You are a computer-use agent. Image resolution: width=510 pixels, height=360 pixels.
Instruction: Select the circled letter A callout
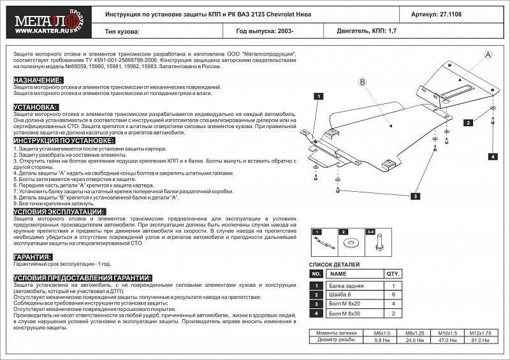[487, 55]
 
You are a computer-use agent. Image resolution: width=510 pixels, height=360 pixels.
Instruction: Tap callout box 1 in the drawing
[316, 96]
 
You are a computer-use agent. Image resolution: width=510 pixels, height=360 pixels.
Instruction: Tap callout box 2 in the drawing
[468, 122]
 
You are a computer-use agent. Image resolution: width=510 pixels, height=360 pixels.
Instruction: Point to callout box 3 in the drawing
[415, 197]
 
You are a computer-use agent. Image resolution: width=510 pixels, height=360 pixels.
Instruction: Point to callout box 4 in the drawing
[493, 156]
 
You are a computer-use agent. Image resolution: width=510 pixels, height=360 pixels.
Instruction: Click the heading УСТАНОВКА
[36, 107]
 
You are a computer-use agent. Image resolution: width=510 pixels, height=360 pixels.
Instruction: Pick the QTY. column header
[393, 274]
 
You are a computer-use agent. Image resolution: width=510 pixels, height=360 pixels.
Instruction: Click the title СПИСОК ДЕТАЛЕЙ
[335, 264]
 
